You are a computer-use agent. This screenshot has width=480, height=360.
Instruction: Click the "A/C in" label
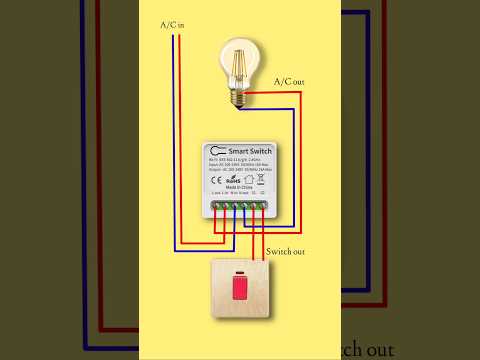click(172, 24)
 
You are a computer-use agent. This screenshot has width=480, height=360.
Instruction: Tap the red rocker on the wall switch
click(240, 291)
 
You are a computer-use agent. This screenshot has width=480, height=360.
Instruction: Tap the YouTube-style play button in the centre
click(240, 180)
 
